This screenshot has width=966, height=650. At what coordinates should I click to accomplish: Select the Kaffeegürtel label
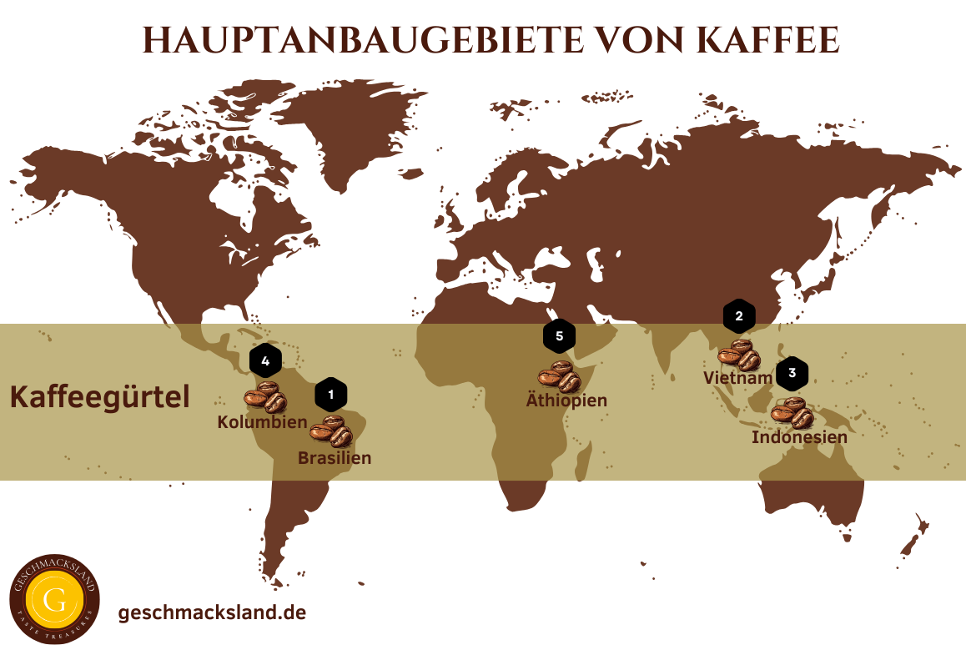coord(99,396)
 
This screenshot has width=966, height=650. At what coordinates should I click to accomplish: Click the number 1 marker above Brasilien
coord(331,394)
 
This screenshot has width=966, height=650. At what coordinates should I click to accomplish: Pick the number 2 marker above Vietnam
coord(739,316)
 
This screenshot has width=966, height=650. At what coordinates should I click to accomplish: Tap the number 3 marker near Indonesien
coord(792,374)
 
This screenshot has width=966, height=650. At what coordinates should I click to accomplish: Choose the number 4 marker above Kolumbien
coord(265,361)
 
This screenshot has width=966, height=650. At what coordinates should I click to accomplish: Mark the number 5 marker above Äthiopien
coord(560,337)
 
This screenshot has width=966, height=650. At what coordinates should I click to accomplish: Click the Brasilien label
coord(335,458)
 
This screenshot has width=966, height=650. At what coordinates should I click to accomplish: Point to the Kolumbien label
coord(262,422)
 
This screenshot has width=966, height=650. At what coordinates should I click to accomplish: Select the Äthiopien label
coord(566,401)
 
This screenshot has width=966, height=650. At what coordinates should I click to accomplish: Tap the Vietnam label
coord(737,378)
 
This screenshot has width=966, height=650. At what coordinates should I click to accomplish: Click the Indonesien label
coord(799,437)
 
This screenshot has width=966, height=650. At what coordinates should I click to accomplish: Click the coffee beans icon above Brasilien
coord(331,431)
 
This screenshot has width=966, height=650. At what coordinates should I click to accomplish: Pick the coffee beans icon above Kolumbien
coord(265,398)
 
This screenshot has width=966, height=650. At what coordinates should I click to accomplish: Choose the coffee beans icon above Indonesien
coord(792,413)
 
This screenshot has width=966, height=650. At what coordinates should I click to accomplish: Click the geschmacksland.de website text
coord(213,612)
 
